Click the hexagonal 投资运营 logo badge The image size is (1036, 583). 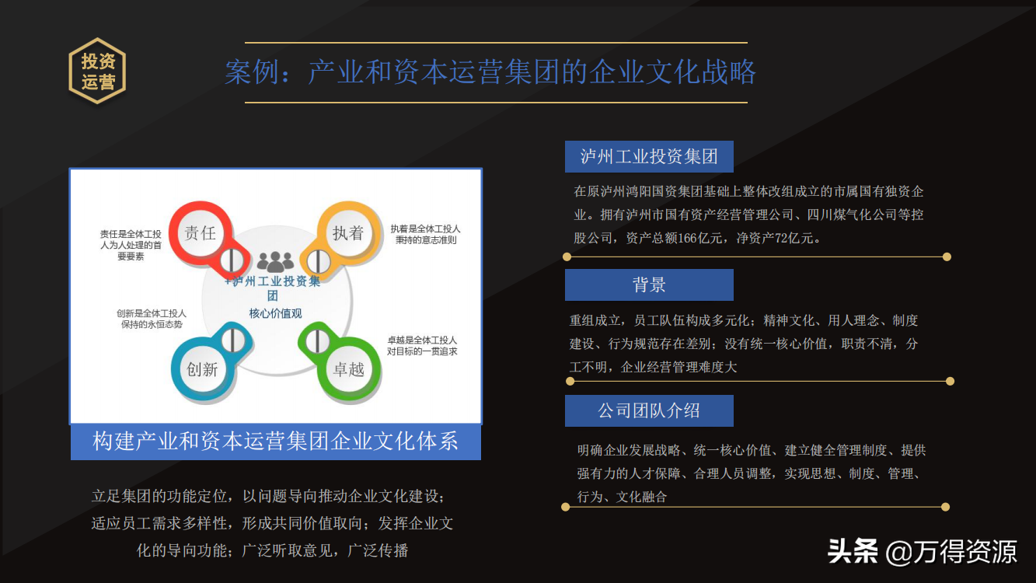[97, 71]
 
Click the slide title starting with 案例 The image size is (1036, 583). [490, 72]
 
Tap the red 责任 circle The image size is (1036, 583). [201, 232]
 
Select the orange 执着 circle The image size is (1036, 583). [348, 232]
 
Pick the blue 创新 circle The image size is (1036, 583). [202, 369]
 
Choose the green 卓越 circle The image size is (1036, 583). [349, 369]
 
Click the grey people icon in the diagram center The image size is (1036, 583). [275, 262]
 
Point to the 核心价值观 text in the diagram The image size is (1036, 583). [275, 313]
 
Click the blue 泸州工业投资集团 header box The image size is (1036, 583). [649, 157]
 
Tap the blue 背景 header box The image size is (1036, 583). [649, 285]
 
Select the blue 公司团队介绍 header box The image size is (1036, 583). [649, 410]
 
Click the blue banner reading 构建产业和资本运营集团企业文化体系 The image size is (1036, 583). [275, 442]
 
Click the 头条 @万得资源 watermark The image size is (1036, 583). [922, 551]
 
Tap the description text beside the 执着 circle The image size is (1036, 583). [425, 234]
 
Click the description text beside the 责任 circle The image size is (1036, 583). [131, 245]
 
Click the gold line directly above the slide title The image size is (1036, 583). [496, 43]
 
